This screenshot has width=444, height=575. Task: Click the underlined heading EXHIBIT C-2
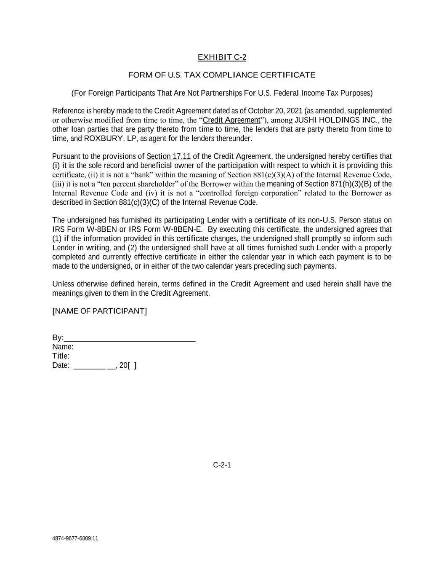point(222,57)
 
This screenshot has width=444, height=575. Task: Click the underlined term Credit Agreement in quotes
point(231,120)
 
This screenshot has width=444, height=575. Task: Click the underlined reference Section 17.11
point(169,156)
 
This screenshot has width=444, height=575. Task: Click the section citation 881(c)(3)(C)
point(137,202)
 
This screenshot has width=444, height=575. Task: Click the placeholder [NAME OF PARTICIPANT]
point(100,311)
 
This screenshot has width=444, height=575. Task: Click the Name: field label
point(63,347)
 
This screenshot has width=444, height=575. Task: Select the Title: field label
point(61,356)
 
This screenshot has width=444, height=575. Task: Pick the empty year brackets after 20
point(132,365)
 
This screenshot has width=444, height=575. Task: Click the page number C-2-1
point(222,465)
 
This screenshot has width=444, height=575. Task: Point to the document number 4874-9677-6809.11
point(75,538)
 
